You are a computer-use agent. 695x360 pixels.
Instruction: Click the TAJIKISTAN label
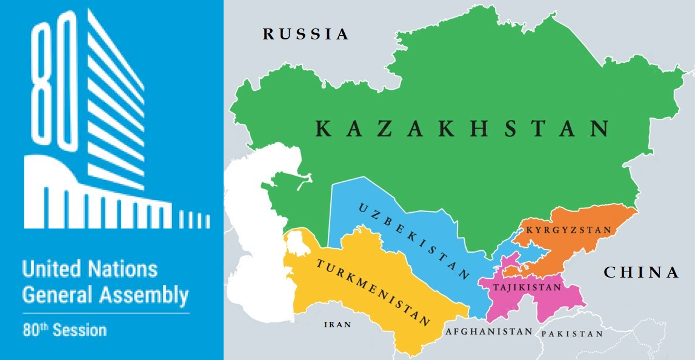[x=527, y=287]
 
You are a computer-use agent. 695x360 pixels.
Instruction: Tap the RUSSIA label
[x=306, y=35]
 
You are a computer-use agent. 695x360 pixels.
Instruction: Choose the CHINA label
[x=642, y=273]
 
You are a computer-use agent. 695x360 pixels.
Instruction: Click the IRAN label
[x=338, y=324]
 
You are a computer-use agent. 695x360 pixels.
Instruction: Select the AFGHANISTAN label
[x=489, y=332]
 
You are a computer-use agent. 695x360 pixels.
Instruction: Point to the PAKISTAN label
[x=572, y=334]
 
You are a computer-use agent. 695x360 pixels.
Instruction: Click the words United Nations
[x=90, y=269]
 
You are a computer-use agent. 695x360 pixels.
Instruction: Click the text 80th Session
[x=64, y=330]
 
